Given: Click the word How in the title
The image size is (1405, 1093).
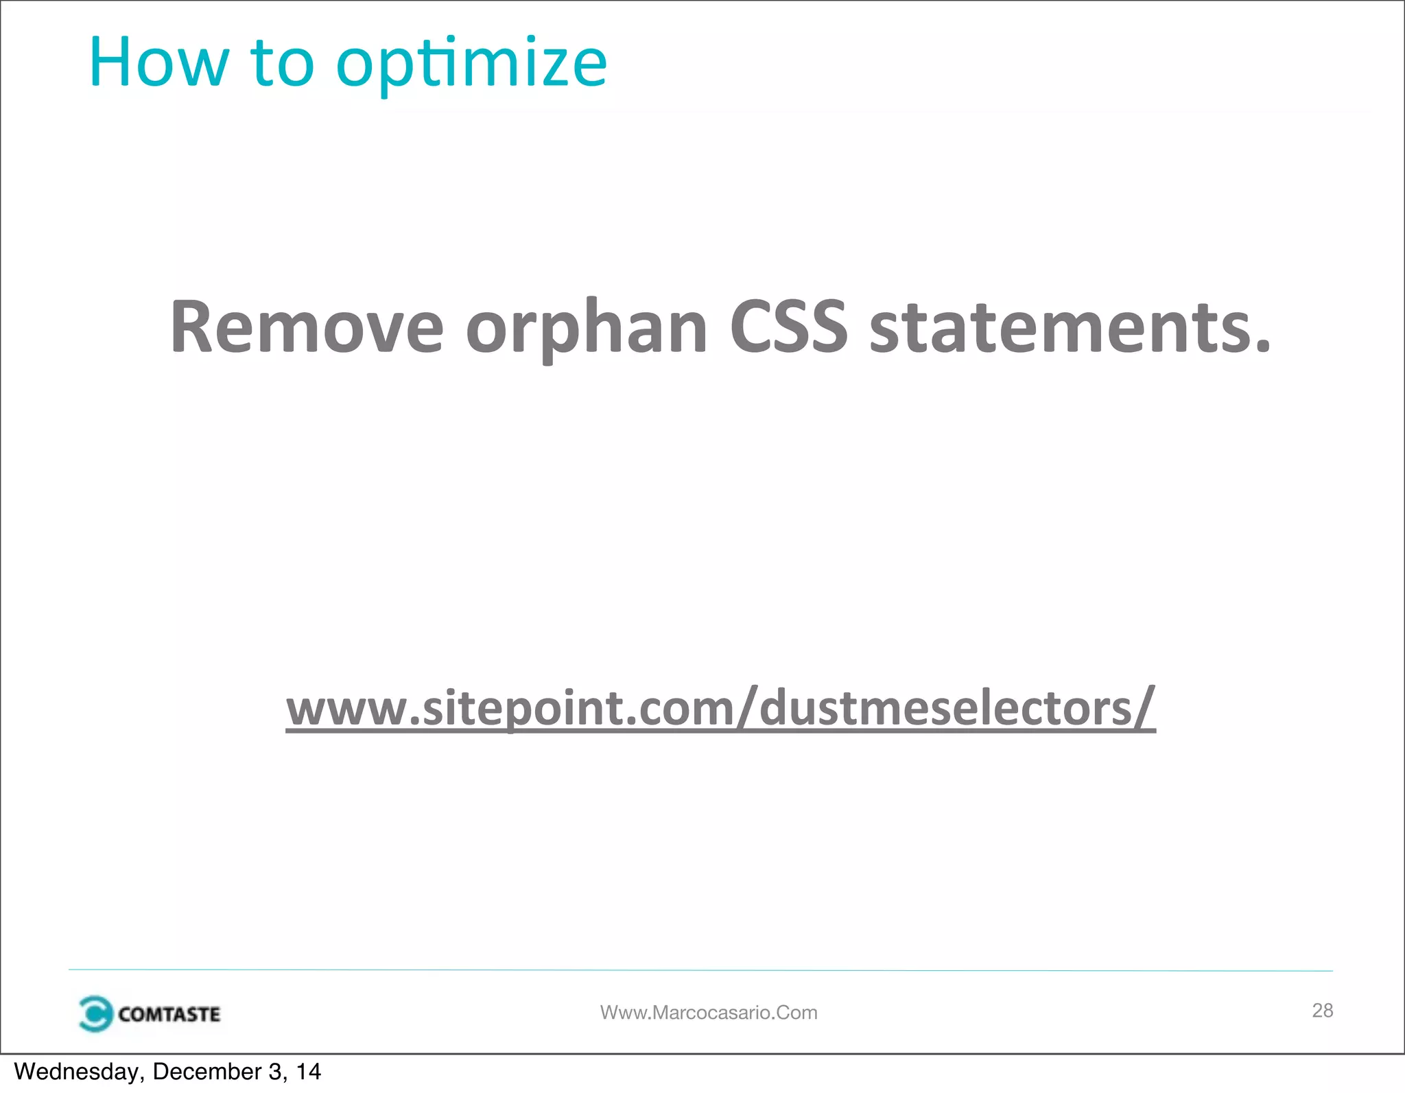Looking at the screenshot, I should [x=158, y=62].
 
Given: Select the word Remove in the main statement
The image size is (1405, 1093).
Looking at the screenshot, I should [x=307, y=327].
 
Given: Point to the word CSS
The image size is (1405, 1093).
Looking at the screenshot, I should [x=788, y=327].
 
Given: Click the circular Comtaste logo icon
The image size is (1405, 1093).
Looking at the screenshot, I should [x=95, y=1013].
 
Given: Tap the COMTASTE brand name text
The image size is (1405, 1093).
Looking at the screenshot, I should [x=169, y=1014].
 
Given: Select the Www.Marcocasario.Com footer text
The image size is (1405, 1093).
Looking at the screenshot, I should [x=709, y=1013].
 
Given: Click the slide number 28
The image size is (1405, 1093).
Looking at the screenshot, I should [x=1322, y=1010].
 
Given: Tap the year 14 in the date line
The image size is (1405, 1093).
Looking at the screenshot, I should [x=308, y=1072].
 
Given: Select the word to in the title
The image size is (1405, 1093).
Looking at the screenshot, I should [x=282, y=62].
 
